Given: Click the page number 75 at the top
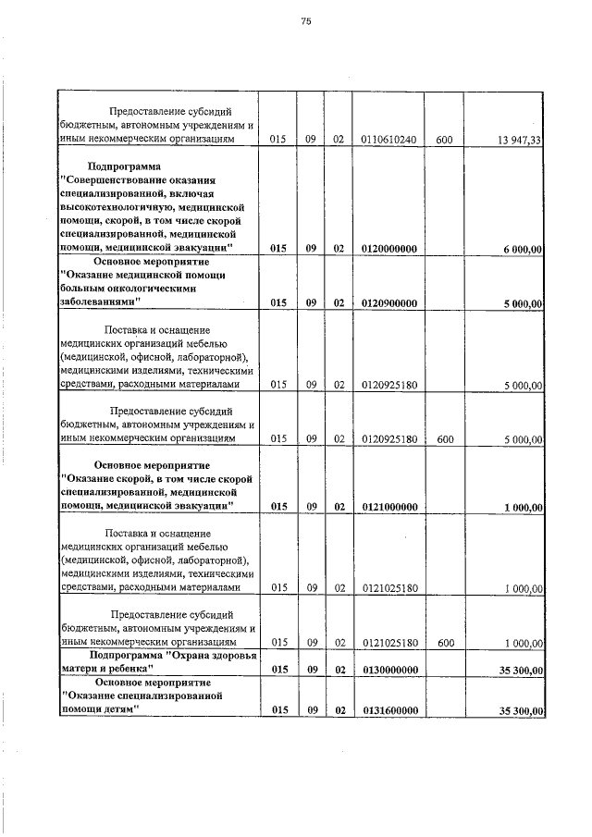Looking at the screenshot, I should [x=305, y=22].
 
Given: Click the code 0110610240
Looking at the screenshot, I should [x=388, y=140].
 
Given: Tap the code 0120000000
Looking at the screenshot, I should [x=388, y=249].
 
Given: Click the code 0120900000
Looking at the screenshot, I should [x=388, y=302].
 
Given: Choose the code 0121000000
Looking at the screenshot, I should [x=388, y=507].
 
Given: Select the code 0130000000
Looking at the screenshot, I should [x=388, y=670].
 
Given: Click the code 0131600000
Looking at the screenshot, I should [x=388, y=710].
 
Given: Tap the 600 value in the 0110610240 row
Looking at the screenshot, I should [x=444, y=140].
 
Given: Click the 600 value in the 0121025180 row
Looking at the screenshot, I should [x=444, y=642].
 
